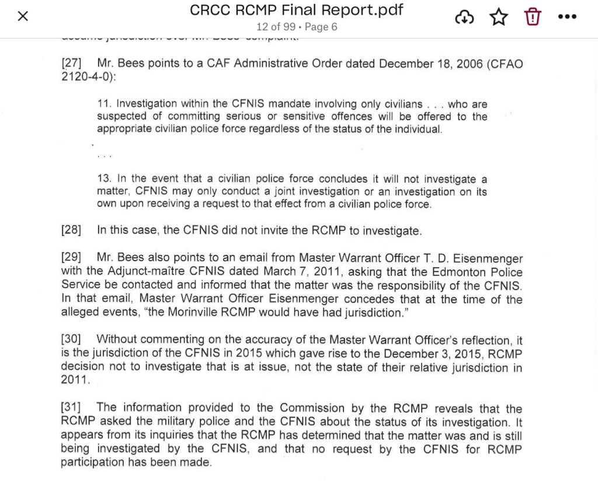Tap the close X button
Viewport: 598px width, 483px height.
point(23,16)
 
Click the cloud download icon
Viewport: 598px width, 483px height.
point(464,17)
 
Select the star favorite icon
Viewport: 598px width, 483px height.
point(499,17)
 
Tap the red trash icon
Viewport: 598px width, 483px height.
point(533,17)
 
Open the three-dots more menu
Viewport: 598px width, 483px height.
point(566,17)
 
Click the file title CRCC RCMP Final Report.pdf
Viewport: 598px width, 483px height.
point(297,10)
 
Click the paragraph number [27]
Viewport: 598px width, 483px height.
point(71,64)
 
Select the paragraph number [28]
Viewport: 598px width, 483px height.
point(71,230)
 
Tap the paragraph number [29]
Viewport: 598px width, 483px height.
point(71,258)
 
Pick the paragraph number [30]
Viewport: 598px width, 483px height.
point(71,339)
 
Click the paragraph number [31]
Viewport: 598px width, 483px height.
point(71,408)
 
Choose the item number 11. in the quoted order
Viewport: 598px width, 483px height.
point(104,104)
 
